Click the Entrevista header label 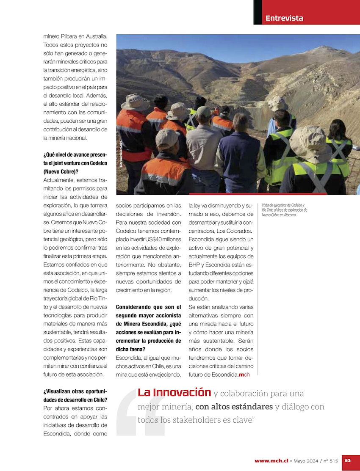[x=284, y=18]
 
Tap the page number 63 [x=348, y=460]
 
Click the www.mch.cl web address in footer [x=271, y=460]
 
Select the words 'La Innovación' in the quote [x=174, y=393]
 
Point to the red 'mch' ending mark [x=244, y=375]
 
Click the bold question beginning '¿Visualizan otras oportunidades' [x=75, y=396]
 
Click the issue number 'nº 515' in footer [x=331, y=460]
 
